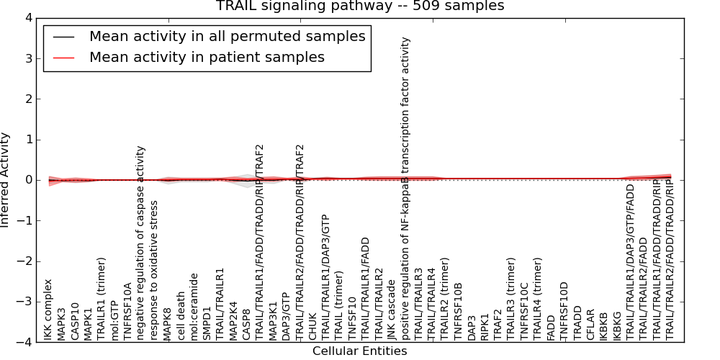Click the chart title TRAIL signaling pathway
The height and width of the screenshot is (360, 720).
tap(359, 6)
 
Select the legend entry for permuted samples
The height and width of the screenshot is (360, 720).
tap(227, 36)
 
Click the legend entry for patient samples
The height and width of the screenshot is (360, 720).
tap(207, 57)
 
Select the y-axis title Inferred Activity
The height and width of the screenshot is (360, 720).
tap(6, 180)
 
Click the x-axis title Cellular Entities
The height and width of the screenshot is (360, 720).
tap(359, 351)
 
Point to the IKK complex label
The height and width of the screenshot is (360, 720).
tap(48, 310)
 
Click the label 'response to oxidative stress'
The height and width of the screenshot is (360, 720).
tap(155, 270)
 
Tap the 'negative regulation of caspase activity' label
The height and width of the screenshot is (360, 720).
tap(141, 243)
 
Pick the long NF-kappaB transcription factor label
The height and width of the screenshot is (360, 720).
tap(406, 189)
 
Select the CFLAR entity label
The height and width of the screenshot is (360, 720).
tap(591, 323)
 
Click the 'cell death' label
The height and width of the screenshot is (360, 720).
tap(181, 315)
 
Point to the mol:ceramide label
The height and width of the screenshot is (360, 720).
tap(194, 305)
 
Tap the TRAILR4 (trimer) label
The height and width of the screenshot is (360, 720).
tap(538, 298)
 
